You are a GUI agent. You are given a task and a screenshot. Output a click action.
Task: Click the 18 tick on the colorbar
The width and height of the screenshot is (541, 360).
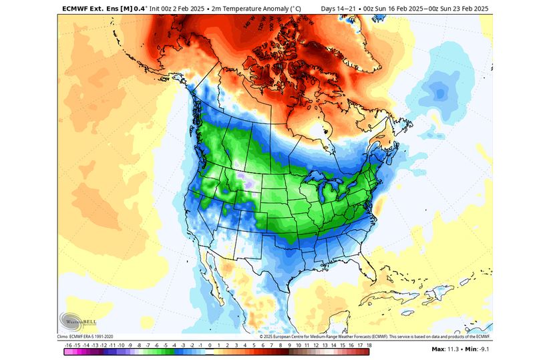[x=369, y=345]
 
